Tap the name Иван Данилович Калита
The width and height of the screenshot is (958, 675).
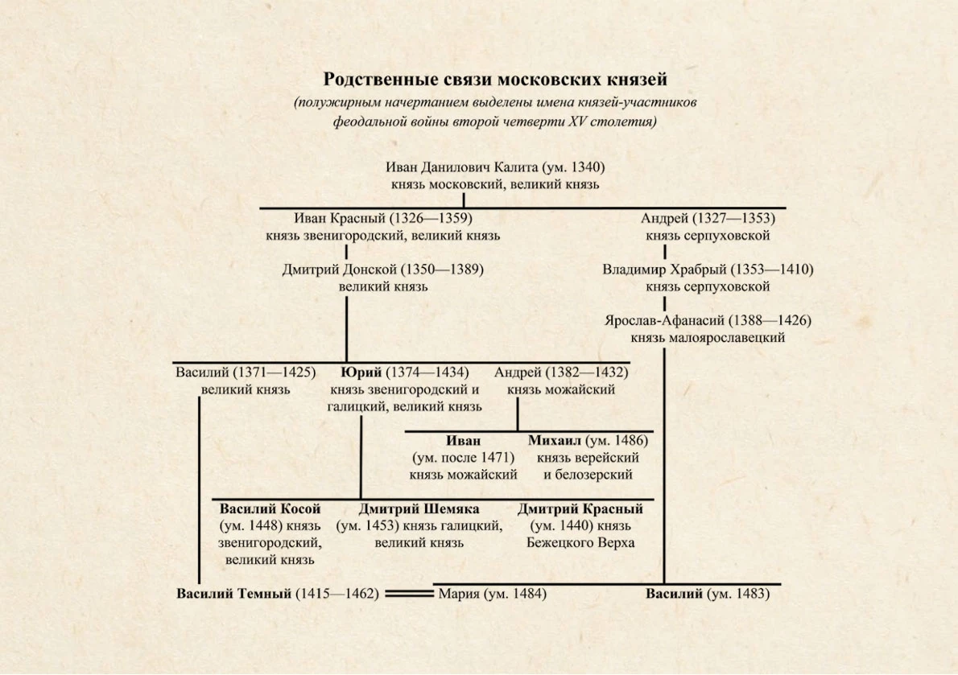[462, 167]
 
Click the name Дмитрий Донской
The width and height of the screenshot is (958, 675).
[339, 270]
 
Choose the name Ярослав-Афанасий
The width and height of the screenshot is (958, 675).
[665, 320]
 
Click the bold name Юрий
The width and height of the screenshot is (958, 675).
[361, 372]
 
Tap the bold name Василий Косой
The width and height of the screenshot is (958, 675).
[270, 509]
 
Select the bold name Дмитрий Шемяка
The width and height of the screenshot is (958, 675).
[419, 509]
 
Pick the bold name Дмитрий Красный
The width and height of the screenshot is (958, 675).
[580, 509]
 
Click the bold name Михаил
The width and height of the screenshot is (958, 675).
[555, 441]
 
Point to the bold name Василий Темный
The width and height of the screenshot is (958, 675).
[233, 594]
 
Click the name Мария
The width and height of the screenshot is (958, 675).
[459, 594]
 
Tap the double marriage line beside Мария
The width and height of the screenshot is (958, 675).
[409, 594]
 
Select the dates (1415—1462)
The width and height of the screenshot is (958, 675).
[337, 594]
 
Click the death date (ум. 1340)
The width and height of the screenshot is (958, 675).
[574, 167]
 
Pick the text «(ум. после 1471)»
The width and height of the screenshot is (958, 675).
[463, 458]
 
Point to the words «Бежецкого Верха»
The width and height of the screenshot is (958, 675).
[580, 542]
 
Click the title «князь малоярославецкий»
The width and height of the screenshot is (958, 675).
[708, 338]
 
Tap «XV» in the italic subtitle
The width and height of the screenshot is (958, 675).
[578, 121]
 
